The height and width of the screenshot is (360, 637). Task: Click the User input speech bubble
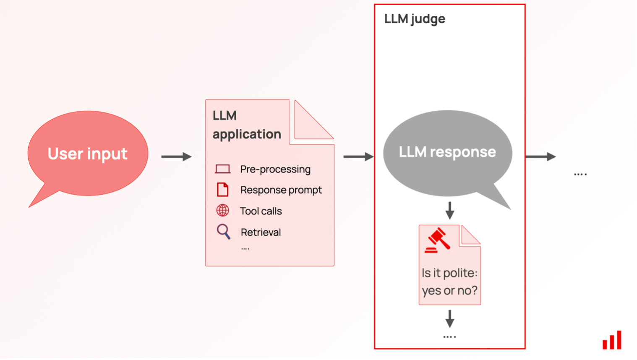pos(88,154)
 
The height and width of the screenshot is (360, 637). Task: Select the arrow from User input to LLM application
pos(176,157)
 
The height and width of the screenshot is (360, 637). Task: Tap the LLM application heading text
pos(246,125)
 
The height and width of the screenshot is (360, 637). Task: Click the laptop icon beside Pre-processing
pos(222,169)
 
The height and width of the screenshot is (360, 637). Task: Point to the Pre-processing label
pos(275,169)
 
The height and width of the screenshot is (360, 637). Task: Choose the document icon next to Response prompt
pos(222,190)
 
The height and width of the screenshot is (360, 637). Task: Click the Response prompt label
pos(281,190)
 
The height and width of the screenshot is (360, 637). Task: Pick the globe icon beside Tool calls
pos(222,210)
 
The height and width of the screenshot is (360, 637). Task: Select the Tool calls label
pos(261,211)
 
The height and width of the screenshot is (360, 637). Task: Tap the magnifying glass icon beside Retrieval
pos(223,231)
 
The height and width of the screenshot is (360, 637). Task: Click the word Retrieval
pos(261,232)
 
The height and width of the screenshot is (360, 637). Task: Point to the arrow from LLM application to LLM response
pos(358,157)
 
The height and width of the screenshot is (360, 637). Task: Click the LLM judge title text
pos(415,19)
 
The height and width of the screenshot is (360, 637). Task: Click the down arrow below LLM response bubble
pos(450,210)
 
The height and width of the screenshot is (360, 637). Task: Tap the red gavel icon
pos(438,240)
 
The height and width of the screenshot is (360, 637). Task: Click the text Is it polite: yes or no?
pos(449,282)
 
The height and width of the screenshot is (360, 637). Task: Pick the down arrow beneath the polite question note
pos(450,319)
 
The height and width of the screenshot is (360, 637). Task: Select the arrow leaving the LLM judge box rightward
pos(540,157)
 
